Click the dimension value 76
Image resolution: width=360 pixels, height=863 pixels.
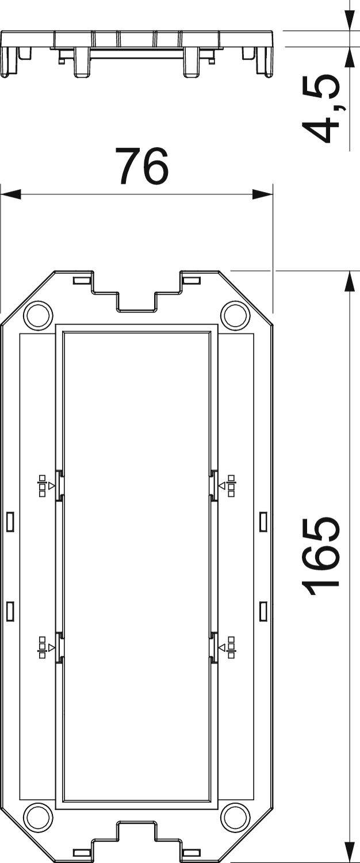click(141, 166)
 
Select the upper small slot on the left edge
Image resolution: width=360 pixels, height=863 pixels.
click(10, 522)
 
